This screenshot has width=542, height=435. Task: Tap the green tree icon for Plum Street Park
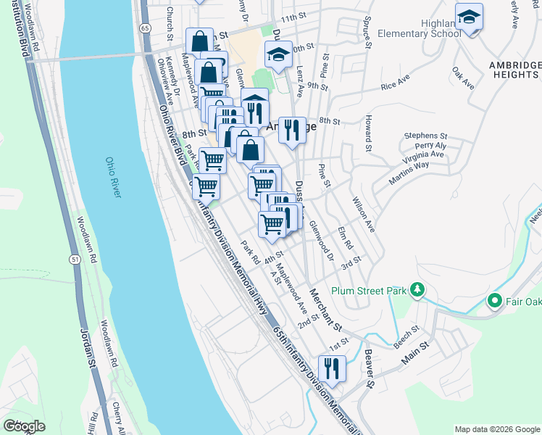pos(417,291)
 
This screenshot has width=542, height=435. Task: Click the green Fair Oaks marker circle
pos(496,299)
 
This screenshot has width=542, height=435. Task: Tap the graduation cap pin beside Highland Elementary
pos(469,17)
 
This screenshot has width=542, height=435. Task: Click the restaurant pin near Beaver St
pos(332,368)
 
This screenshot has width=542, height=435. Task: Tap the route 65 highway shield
pos(146,28)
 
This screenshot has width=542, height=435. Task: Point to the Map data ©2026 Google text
pos(497,429)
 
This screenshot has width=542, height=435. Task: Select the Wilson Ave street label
pos(362,214)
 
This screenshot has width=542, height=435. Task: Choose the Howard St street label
pos(369,129)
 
